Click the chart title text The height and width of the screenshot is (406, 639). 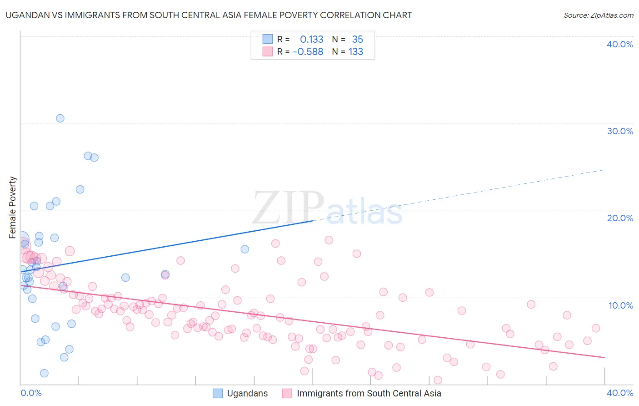(209, 15)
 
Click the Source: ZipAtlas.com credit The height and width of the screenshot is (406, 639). (598, 15)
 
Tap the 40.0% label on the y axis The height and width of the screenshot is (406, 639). (620, 44)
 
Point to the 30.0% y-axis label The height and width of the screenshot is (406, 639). (620, 131)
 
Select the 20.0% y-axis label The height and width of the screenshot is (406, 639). (620, 218)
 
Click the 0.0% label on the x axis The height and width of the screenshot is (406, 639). (31, 393)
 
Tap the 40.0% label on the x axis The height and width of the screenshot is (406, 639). (620, 393)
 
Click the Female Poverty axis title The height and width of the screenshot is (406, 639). (13, 208)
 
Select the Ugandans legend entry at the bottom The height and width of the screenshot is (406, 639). (247, 393)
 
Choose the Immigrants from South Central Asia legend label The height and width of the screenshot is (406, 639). (369, 393)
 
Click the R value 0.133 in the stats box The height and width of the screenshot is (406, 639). (311, 40)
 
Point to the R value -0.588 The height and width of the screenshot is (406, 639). (308, 52)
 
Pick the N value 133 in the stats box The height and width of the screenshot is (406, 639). (356, 52)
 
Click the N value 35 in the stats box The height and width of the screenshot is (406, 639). (357, 40)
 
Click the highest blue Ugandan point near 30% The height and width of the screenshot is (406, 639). (60, 118)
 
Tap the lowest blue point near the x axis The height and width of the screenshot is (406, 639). (44, 373)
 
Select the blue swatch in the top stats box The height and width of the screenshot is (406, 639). (268, 40)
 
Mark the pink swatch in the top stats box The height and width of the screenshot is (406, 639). (268, 52)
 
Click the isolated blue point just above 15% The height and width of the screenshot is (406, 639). (245, 249)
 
